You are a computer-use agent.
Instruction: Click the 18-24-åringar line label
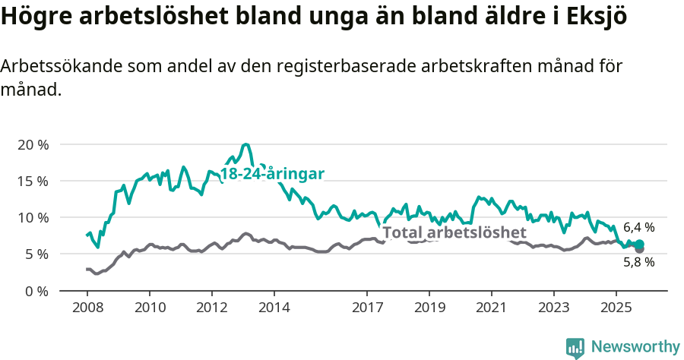(x=272, y=174)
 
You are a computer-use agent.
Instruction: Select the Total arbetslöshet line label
(x=454, y=232)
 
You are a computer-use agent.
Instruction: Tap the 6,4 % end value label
(x=638, y=227)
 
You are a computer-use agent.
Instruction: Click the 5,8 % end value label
(x=638, y=262)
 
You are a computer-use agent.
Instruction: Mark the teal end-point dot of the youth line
(x=639, y=244)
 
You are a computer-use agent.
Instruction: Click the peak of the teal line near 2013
(x=245, y=144)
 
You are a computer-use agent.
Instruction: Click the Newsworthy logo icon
(x=575, y=347)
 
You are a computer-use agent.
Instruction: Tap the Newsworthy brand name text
(x=635, y=347)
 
